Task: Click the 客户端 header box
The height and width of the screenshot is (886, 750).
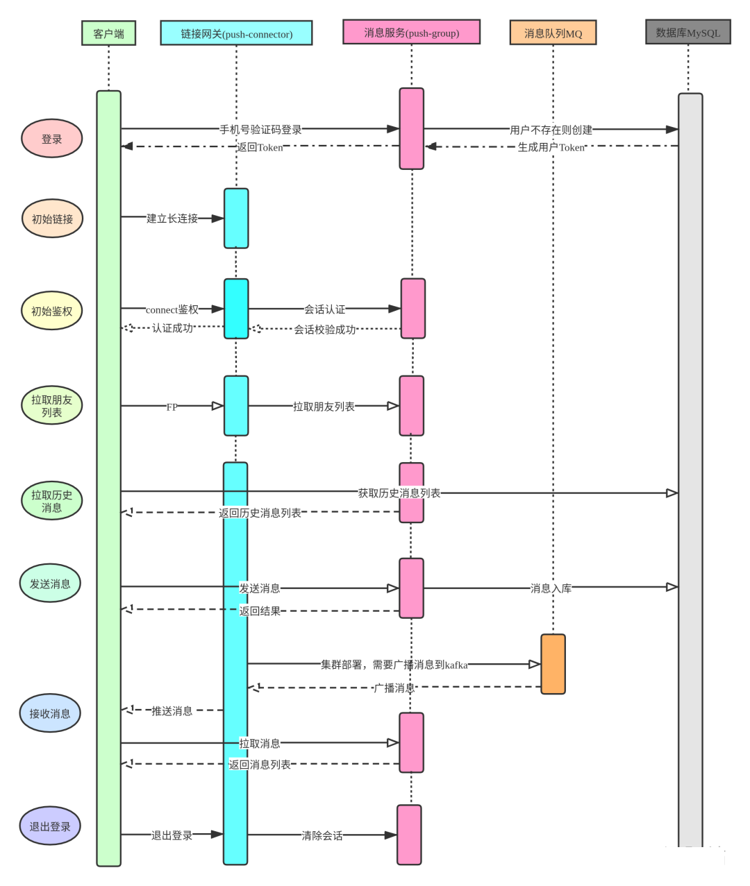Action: click(x=108, y=33)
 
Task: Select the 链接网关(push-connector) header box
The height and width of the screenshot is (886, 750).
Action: click(x=236, y=33)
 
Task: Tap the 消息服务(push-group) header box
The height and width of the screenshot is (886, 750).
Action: click(x=411, y=32)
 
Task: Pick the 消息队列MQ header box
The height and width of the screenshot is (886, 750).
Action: click(x=553, y=33)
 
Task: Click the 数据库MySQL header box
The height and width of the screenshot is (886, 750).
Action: click(x=687, y=32)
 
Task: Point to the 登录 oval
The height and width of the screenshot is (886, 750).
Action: click(x=52, y=139)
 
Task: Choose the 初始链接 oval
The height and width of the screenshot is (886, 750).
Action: click(x=52, y=219)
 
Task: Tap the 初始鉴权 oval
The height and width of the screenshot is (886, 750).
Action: click(x=52, y=311)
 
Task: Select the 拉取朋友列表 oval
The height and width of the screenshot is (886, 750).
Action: click(x=52, y=406)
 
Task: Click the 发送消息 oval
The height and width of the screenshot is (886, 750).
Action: click(x=50, y=583)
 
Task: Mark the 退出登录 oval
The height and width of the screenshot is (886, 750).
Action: click(x=50, y=826)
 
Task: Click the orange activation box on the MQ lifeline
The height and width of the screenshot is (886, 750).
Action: click(x=553, y=664)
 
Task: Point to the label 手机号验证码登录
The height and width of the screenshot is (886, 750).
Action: click(x=260, y=130)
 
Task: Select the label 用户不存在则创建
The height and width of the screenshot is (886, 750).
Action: click(x=551, y=130)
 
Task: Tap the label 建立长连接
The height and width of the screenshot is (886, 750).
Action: click(x=172, y=219)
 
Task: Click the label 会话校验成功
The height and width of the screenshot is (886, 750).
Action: click(x=324, y=330)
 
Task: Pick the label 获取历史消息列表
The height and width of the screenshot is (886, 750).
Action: click(x=399, y=493)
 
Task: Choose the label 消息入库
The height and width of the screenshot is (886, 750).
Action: click(x=551, y=588)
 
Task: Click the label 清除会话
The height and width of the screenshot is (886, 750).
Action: click(x=322, y=835)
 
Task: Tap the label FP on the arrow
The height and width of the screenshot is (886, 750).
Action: click(x=172, y=407)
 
